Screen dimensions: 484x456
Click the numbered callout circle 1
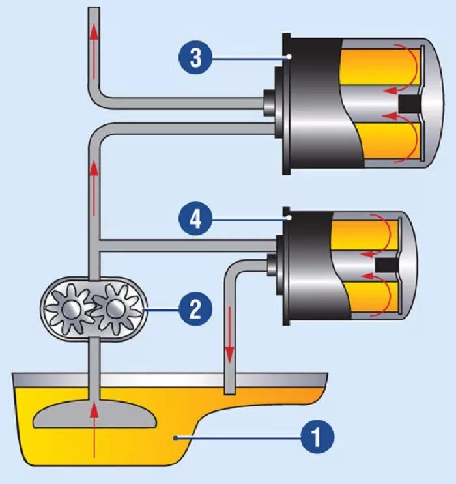click(x=317, y=436)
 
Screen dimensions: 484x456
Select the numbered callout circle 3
click(x=194, y=57)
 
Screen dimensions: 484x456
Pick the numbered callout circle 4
click(x=195, y=221)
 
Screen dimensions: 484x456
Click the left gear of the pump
click(x=70, y=308)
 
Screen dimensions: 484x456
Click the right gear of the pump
click(x=115, y=308)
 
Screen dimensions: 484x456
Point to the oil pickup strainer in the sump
click(x=94, y=414)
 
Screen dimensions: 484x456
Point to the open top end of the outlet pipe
click(x=95, y=9)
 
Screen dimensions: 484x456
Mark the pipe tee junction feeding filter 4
click(x=95, y=244)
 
